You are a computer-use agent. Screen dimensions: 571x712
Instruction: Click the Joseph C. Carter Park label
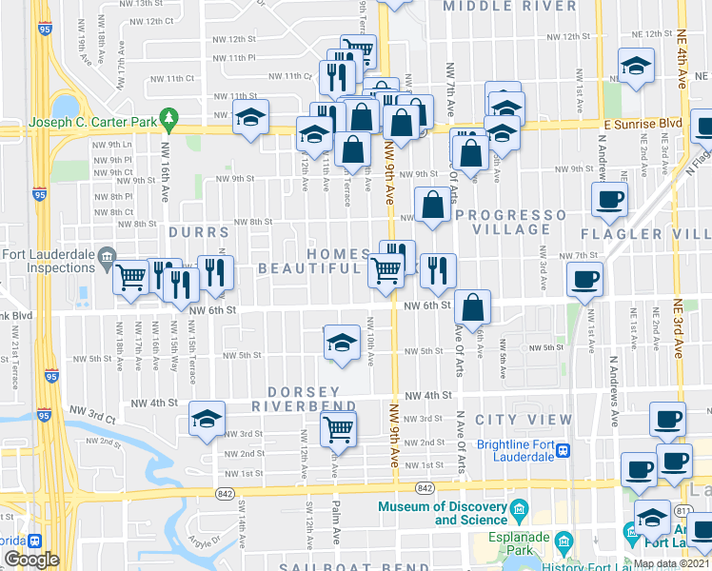point(91,122)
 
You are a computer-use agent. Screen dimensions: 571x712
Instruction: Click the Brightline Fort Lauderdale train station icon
point(564,449)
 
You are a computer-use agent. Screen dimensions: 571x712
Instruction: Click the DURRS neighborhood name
point(199,231)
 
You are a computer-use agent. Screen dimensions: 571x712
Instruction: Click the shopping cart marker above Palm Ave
point(339,429)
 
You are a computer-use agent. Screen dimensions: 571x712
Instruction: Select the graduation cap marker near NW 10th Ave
point(342,344)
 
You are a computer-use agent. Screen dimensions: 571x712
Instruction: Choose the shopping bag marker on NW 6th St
point(472,307)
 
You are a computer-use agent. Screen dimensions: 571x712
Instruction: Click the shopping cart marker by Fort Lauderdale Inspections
point(131,277)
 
